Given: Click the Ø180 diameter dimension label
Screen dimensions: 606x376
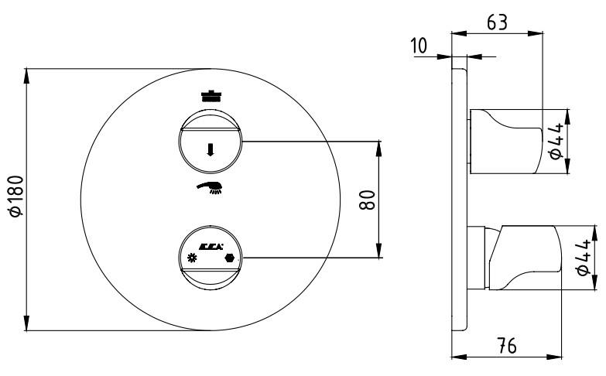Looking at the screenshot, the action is click(16, 196).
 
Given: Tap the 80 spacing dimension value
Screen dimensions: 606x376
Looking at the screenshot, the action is click(367, 200).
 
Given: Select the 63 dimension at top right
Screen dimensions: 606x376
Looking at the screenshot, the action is click(497, 22).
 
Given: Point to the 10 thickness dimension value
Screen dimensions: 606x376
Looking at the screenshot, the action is click(419, 46).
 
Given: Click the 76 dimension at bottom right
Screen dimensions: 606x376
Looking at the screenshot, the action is click(507, 346).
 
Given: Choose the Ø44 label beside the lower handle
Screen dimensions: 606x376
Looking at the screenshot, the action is click(583, 257).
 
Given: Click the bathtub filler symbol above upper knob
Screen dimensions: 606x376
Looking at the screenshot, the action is click(211, 95).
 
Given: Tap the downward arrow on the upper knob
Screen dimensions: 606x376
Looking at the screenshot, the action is click(211, 149).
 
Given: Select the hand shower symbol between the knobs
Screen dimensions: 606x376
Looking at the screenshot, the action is click(210, 187).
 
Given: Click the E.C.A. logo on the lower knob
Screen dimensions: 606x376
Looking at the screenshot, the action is click(211, 247).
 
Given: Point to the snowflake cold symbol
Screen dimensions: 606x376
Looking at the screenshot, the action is click(192, 258).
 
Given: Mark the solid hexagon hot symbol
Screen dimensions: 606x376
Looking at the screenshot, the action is click(230, 258).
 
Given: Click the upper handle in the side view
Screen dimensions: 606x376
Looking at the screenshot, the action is click(506, 142).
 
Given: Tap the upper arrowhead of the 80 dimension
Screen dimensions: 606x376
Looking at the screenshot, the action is click(378, 149).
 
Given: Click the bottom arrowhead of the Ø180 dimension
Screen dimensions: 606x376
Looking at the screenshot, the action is click(26, 323).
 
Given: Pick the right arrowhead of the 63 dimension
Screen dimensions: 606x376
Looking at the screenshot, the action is click(536, 33).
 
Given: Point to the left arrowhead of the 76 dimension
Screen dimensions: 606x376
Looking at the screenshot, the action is click(460, 357).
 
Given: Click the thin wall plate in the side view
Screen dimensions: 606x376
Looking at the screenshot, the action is click(460, 200).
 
